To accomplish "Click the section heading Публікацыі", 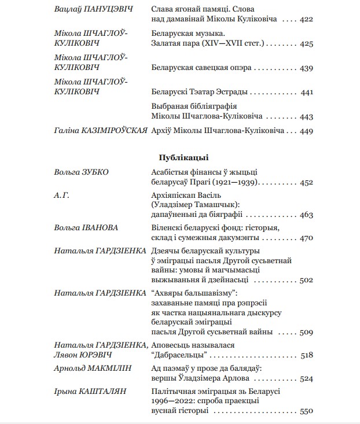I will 183,157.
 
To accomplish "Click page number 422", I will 306,20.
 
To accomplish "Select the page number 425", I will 306,43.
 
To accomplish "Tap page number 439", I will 306,68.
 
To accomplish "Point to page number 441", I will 307,92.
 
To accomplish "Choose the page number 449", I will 306,131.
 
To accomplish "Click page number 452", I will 306,182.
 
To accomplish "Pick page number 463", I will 306,215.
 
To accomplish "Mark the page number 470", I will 306,238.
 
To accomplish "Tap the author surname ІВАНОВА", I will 99,228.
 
